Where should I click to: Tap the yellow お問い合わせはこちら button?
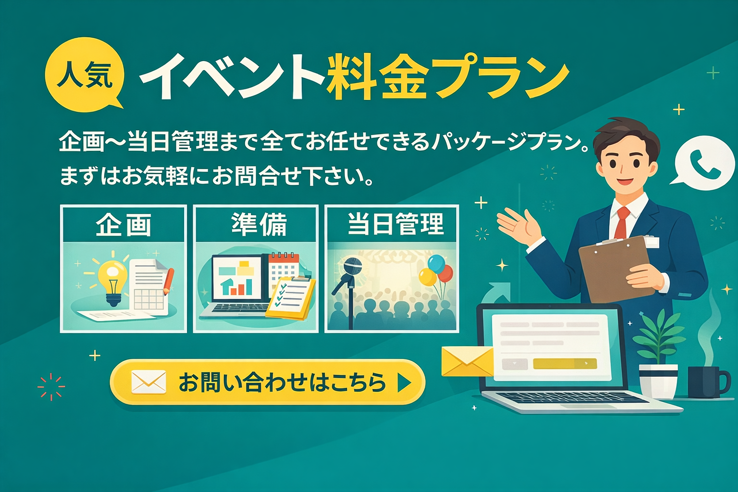point(267,382)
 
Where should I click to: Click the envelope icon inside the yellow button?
point(148,382)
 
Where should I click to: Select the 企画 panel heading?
point(123,224)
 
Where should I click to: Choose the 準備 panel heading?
point(259,224)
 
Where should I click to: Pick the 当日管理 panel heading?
point(396,224)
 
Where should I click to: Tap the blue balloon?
point(436,264)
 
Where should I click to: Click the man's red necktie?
point(622,222)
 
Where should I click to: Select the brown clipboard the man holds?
point(615,269)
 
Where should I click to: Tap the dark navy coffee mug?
point(707,382)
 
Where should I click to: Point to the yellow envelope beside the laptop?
point(467,361)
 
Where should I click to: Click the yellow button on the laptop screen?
point(565,364)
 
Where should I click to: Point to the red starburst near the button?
point(51,387)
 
